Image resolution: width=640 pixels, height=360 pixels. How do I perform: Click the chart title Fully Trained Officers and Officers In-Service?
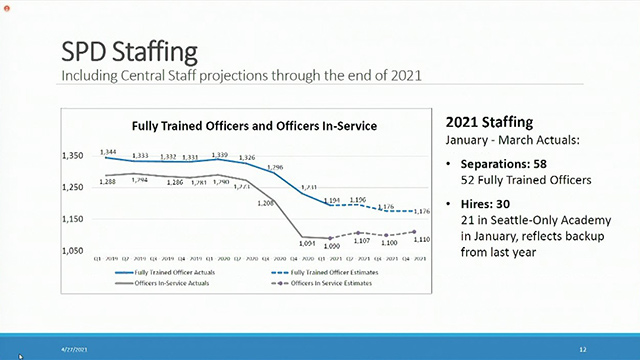pyautogui.click(x=250, y=126)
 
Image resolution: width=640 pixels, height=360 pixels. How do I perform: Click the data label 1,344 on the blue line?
pyautogui.click(x=110, y=150)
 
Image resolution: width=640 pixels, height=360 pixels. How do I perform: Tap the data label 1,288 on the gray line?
pyautogui.click(x=110, y=181)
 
